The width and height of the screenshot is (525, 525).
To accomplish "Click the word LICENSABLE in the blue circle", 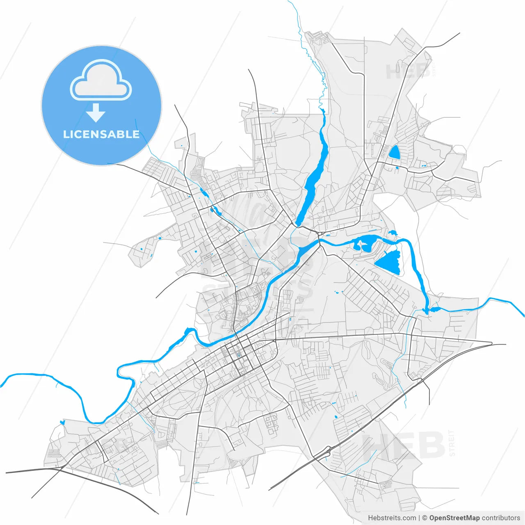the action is (x=101, y=134).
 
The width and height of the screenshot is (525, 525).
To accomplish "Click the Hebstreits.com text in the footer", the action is (x=392, y=518).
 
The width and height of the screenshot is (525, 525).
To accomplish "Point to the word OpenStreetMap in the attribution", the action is (x=454, y=518).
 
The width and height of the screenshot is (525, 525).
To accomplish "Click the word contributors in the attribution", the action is (x=501, y=518).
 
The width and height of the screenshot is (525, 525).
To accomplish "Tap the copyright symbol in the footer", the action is (x=425, y=518).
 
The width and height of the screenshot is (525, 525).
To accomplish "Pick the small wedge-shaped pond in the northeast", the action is (x=394, y=152).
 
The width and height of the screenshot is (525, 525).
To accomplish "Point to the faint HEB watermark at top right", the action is (x=406, y=72).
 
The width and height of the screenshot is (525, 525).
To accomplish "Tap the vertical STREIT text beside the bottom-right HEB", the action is (x=452, y=443).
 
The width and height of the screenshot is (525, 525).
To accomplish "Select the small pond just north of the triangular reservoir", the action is (x=393, y=233).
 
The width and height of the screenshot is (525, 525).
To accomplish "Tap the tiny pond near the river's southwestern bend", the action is (x=62, y=422).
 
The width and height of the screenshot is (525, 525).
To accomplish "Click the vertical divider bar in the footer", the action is (x=419, y=518).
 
